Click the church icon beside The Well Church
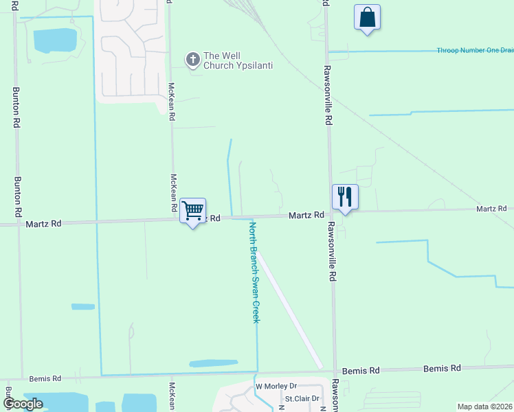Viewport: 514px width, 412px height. [x=192, y=60]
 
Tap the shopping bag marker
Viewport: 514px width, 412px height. [x=367, y=17]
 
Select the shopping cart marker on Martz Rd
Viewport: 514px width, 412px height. [x=193, y=209]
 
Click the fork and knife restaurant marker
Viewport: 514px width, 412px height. [x=344, y=196]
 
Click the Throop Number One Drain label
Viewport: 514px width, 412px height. [x=475, y=50]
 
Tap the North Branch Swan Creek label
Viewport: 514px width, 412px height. [x=255, y=273]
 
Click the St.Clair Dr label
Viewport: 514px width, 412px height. [x=303, y=398]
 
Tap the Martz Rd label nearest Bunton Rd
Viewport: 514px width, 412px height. [x=43, y=223]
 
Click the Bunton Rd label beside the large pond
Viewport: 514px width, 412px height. [x=16, y=107]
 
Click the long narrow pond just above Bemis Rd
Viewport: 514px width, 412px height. [x=213, y=363]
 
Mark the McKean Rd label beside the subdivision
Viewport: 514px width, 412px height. [x=171, y=102]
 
